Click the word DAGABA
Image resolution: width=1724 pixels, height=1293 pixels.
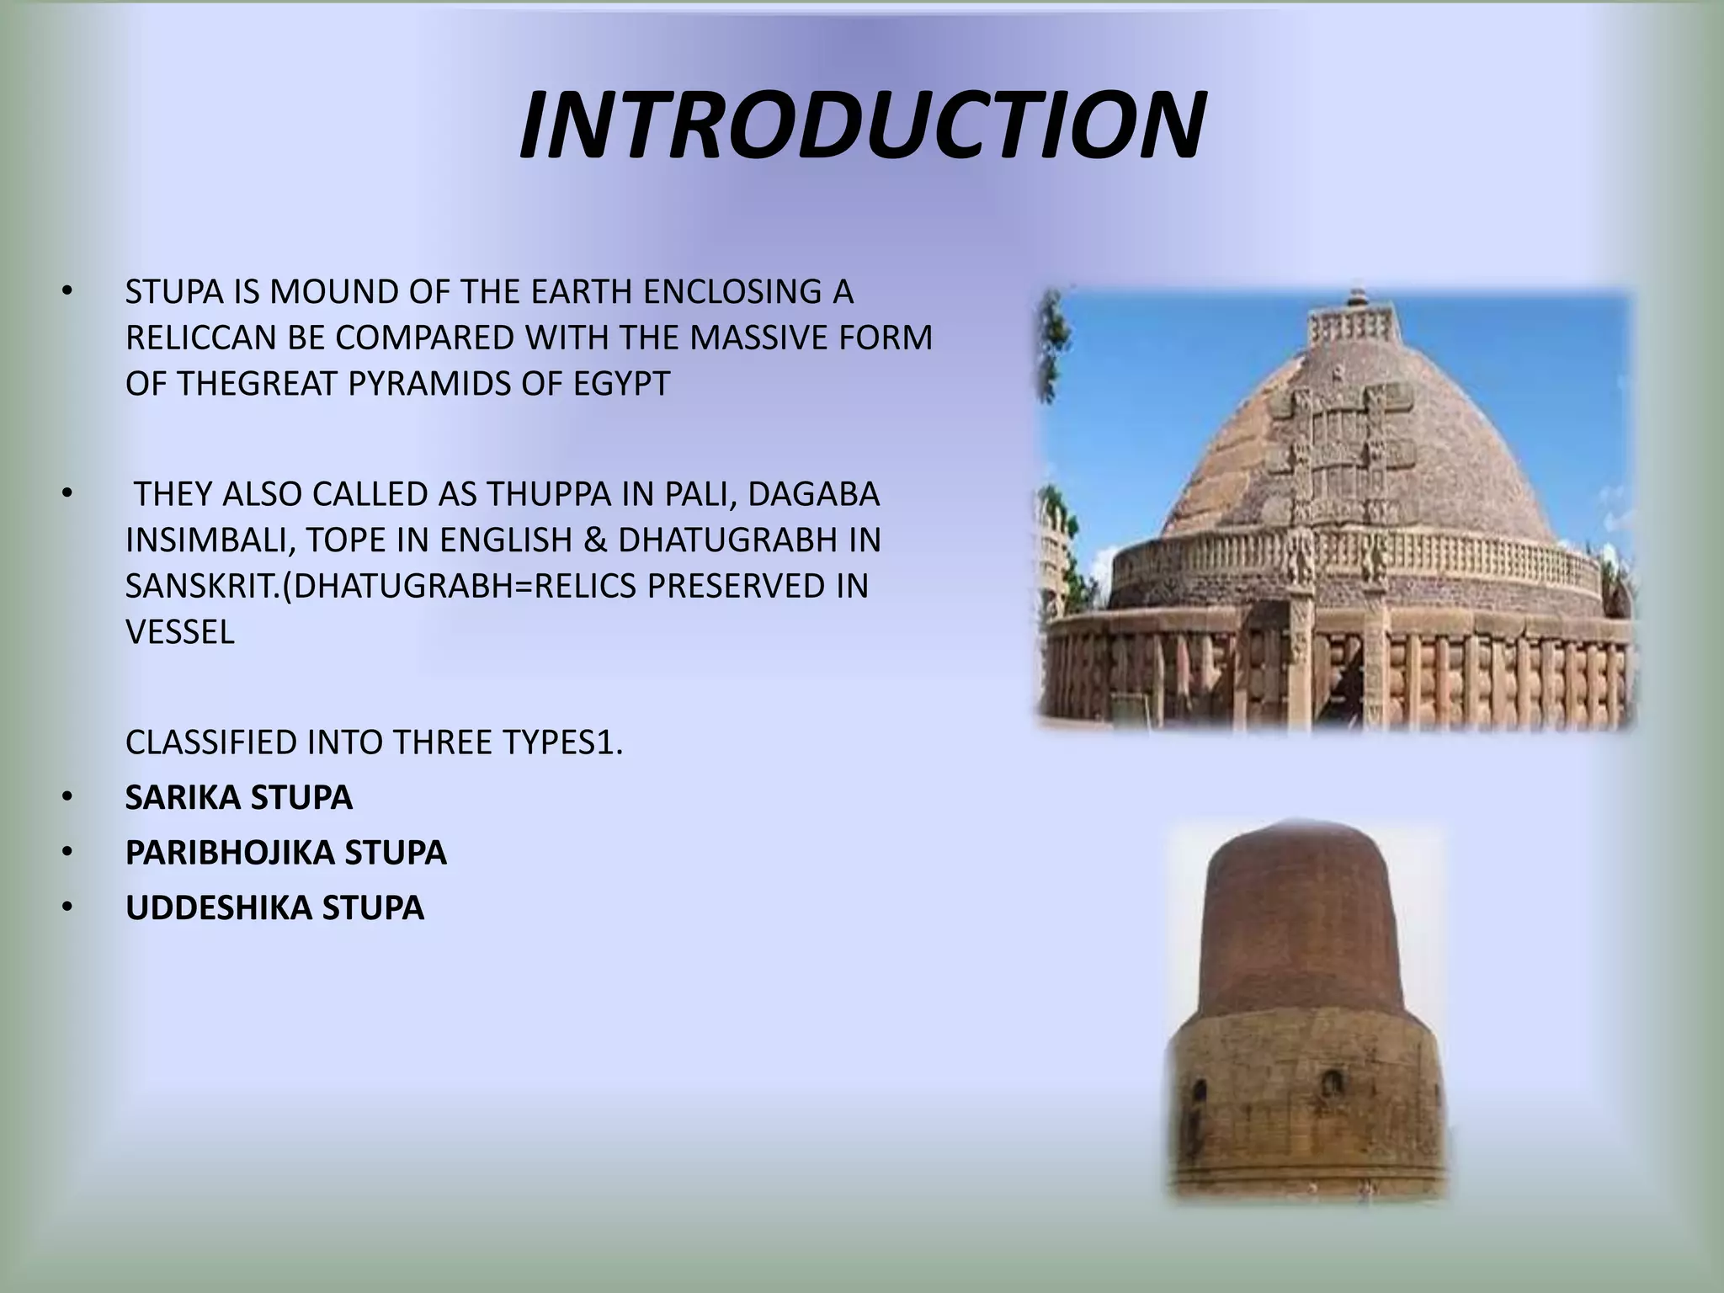(813, 494)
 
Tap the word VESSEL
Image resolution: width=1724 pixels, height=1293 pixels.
(180, 632)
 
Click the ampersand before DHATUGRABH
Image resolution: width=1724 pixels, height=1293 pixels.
(595, 540)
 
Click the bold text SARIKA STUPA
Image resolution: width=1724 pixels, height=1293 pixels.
(239, 797)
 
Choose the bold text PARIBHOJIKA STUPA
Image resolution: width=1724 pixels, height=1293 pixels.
(286, 853)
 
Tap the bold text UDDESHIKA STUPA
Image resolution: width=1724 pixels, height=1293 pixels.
(275, 907)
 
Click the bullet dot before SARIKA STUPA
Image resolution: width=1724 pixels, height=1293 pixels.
(67, 797)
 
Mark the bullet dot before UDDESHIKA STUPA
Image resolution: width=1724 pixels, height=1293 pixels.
(67, 907)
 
